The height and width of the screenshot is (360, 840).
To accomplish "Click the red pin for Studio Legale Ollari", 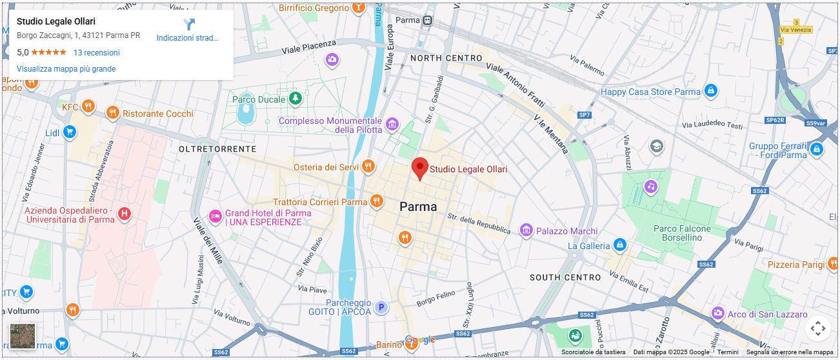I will (x=420, y=168).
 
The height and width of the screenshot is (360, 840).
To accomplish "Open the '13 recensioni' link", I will (x=96, y=53).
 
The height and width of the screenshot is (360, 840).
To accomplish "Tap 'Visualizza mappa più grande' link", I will (x=66, y=69).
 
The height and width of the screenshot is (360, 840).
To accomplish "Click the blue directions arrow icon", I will (x=188, y=25).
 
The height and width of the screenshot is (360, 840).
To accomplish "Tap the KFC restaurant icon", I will (x=89, y=106).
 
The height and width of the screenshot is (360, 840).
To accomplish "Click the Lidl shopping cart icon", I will (x=70, y=133).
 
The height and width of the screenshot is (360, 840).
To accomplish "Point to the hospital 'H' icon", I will (x=125, y=214).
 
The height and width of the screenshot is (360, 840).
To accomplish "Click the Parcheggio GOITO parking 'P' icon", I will (x=382, y=308).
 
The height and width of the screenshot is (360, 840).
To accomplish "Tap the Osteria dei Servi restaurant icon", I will (x=368, y=167).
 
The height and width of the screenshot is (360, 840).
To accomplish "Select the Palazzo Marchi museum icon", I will (x=526, y=230).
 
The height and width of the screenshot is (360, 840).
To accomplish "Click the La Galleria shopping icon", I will (x=620, y=245).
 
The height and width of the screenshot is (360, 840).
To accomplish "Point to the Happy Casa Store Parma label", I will (x=650, y=92).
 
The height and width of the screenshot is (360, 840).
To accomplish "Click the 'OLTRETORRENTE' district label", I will (x=217, y=149).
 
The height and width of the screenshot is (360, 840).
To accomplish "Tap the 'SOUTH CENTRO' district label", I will (x=565, y=277).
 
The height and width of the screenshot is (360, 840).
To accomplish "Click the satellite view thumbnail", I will (x=23, y=336).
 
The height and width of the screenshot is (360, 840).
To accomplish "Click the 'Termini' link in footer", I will (x=728, y=352).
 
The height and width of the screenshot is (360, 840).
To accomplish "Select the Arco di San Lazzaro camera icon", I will (x=717, y=314).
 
